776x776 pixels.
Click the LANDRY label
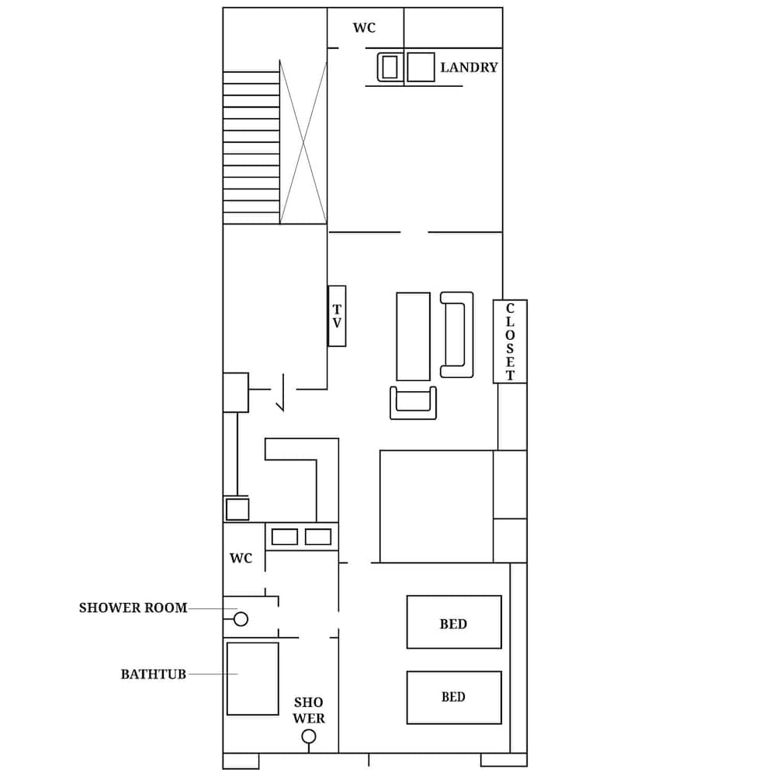point(469,68)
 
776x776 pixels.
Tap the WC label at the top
point(364,28)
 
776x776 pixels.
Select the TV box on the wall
point(337,316)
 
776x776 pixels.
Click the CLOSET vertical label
point(510,341)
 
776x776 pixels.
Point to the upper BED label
point(453,624)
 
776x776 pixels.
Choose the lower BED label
point(453,697)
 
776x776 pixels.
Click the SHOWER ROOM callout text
point(133,608)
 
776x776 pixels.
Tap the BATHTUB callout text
point(153,674)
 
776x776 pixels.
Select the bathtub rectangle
point(252,678)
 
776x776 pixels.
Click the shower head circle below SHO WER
point(309,736)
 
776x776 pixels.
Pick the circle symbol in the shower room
point(241,619)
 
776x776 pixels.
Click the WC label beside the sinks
point(241,559)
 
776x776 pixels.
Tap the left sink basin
point(285,536)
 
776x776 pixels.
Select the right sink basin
point(318,536)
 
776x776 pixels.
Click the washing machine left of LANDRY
point(390,67)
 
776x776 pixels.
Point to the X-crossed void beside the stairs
point(303,143)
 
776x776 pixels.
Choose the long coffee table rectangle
point(413,336)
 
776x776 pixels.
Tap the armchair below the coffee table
point(413,402)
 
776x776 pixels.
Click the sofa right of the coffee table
point(456,334)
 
